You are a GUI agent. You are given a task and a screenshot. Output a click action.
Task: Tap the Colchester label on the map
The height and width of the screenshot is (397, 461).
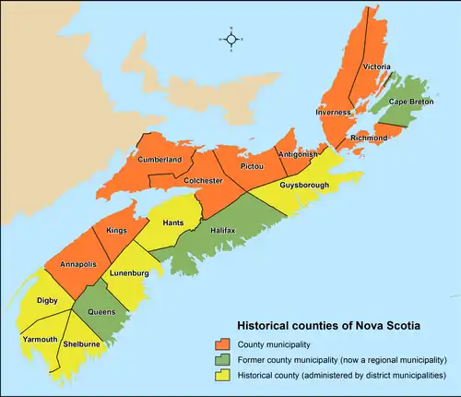203,181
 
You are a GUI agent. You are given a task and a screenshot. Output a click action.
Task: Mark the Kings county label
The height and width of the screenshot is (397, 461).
117,229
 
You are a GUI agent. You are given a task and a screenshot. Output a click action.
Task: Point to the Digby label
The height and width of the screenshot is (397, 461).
48,300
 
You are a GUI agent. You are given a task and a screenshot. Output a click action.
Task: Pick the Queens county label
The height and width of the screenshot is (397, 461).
100,311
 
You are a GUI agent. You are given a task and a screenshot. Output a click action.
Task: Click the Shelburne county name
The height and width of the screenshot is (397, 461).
82,343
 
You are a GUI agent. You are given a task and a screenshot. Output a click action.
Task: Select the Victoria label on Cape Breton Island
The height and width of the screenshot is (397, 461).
376,67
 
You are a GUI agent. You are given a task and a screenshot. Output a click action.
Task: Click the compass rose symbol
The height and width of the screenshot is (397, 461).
231,39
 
